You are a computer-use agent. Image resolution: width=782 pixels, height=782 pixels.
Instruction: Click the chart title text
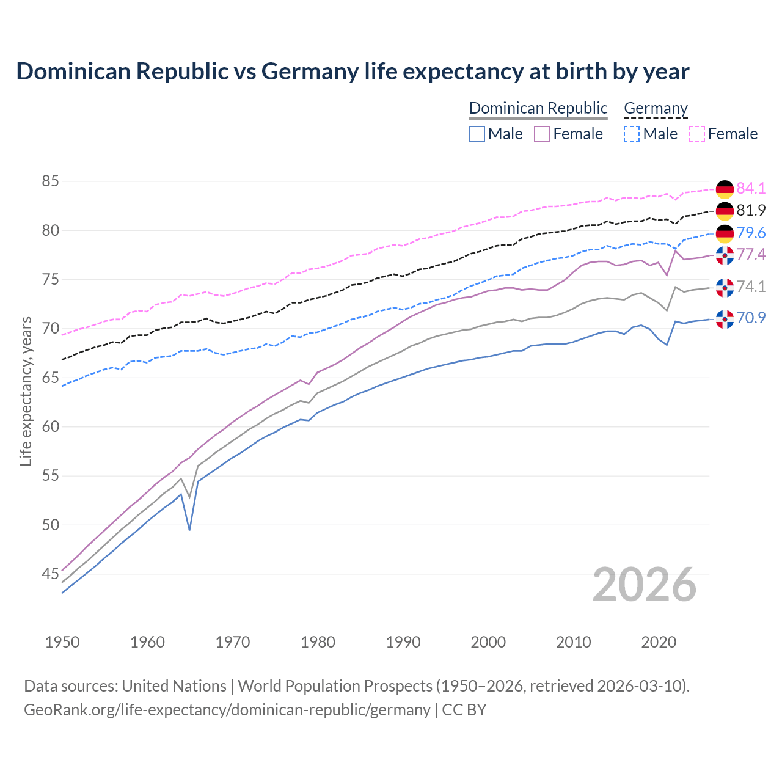(353, 71)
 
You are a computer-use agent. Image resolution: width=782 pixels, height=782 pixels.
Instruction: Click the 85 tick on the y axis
(50, 181)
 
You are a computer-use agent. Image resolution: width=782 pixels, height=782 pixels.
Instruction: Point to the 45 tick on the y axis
(50, 574)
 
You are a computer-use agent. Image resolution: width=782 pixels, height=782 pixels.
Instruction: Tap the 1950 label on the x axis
(62, 642)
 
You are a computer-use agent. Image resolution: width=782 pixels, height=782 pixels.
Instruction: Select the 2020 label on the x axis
(659, 642)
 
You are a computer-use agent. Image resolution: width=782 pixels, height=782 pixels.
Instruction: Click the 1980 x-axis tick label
(318, 642)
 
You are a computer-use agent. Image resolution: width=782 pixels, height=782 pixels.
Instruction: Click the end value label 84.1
(751, 188)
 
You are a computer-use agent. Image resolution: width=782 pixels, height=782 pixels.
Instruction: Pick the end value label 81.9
(751, 211)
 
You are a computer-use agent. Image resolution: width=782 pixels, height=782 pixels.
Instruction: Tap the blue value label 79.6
(751, 233)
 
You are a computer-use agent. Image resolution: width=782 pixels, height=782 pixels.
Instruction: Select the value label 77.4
(751, 254)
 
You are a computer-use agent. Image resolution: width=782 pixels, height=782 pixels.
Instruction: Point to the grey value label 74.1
(751, 287)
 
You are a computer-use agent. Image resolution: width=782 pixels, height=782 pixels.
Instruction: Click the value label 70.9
(751, 318)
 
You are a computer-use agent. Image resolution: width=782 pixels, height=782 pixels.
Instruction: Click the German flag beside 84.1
(725, 189)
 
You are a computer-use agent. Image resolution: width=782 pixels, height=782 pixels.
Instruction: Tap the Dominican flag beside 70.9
(725, 319)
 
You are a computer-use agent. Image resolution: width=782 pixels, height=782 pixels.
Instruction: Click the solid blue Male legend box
(477, 134)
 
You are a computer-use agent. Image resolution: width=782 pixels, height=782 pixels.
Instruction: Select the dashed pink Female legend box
(697, 134)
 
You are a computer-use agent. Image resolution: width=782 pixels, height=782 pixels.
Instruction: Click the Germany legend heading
(656, 109)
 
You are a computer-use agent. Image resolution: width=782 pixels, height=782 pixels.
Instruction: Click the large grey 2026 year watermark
(645, 585)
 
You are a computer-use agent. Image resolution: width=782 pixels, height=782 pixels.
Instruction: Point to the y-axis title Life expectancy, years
(26, 391)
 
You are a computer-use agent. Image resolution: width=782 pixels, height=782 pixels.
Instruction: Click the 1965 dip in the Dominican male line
(189, 529)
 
